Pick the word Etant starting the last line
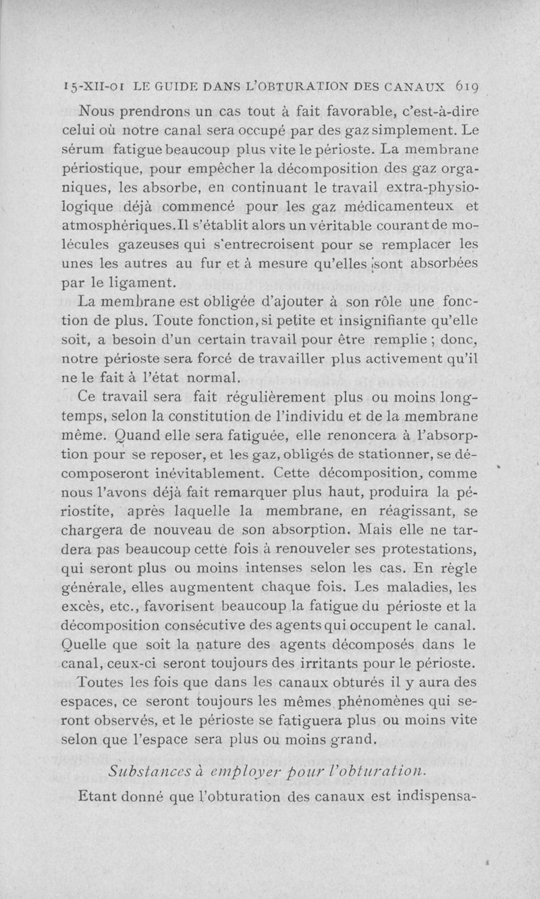pos(100,797)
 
